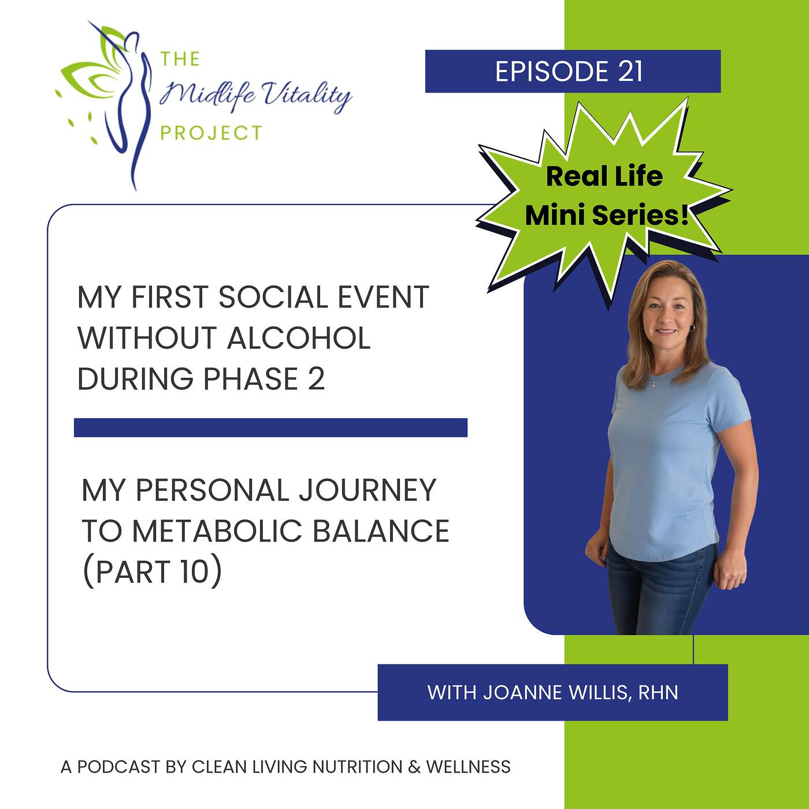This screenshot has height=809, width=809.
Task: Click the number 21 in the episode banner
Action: coord(630,72)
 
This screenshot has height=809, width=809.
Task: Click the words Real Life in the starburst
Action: coord(604,176)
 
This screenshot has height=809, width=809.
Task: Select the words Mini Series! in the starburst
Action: coord(607,215)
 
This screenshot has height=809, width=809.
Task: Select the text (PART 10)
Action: coord(152,572)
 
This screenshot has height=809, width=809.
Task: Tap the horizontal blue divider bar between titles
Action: coord(270,428)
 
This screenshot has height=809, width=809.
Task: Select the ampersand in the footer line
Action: coord(414,767)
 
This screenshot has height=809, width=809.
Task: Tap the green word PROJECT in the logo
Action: coord(211,133)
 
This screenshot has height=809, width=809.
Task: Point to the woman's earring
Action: coord(692,328)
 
